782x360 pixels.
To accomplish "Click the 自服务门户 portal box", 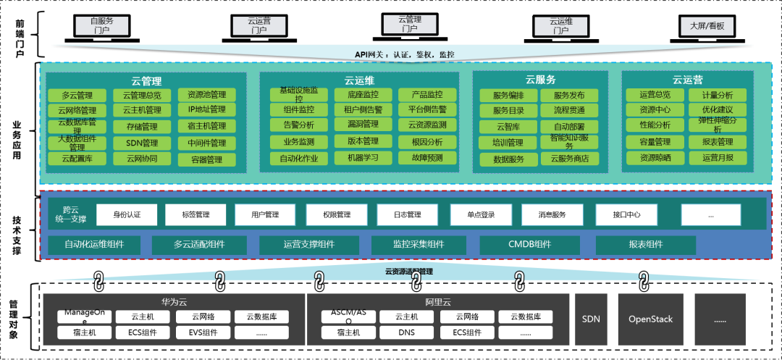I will pos(101,26).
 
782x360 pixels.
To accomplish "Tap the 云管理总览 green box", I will pos(142,95).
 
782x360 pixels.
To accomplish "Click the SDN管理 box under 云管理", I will pos(142,143).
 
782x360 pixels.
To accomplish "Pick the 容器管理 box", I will pos(206,159).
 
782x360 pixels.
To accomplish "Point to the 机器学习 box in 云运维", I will pos(363,158).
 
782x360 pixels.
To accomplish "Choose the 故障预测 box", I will pos(427,158).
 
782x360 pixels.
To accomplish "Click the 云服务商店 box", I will pos(570,159).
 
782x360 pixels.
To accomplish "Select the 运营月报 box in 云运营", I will pos(718,158).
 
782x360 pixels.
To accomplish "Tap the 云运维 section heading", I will pos(359,80).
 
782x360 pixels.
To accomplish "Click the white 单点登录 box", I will pos(482,214).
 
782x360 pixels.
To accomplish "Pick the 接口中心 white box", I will pos(626,214).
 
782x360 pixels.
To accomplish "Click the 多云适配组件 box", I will pos(199,245).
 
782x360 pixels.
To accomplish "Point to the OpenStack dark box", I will pos(650,319).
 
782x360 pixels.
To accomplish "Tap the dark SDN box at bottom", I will pos(591,319).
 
